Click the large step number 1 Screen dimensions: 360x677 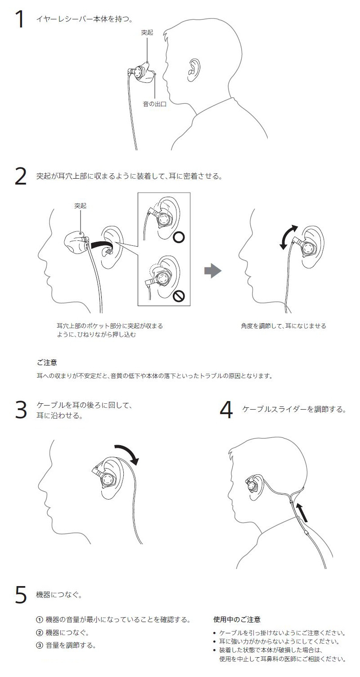click(x=20, y=19)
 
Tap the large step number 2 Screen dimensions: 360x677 click(x=21, y=176)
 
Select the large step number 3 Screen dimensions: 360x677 click(x=21, y=410)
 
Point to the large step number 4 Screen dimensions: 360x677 click(x=226, y=410)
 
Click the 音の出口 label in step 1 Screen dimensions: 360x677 click(x=154, y=104)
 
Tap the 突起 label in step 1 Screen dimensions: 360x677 click(x=147, y=32)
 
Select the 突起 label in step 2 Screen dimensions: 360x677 click(x=81, y=206)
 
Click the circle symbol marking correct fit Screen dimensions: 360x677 click(x=179, y=237)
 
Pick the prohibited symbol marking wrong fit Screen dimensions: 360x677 click(x=179, y=296)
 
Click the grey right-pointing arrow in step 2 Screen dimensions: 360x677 click(x=213, y=271)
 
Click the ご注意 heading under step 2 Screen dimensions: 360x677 click(x=47, y=362)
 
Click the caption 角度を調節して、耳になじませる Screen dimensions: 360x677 click(x=283, y=326)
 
